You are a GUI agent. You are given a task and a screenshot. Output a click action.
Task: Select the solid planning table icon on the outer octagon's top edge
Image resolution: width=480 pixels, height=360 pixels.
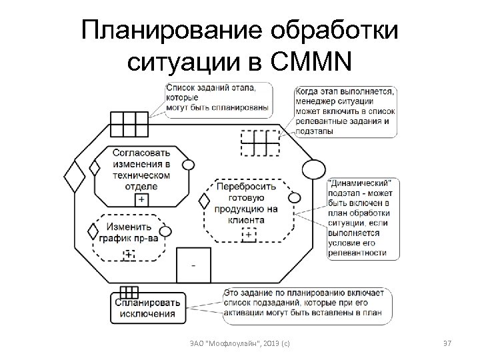(x=129, y=123)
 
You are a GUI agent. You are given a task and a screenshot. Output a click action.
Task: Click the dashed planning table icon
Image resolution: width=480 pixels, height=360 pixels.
(x=259, y=141)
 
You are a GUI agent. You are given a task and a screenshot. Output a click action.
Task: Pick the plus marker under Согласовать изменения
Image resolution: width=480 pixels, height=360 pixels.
(x=141, y=199)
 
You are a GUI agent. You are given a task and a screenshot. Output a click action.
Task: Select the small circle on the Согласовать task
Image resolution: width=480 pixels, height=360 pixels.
(x=188, y=165)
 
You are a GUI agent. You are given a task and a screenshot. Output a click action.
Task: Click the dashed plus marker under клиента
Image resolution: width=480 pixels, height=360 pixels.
(x=249, y=234)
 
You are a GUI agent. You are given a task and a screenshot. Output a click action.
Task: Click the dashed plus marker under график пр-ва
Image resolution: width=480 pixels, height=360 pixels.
(x=129, y=254)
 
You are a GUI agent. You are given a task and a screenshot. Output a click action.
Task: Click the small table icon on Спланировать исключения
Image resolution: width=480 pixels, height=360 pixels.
(x=129, y=293)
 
